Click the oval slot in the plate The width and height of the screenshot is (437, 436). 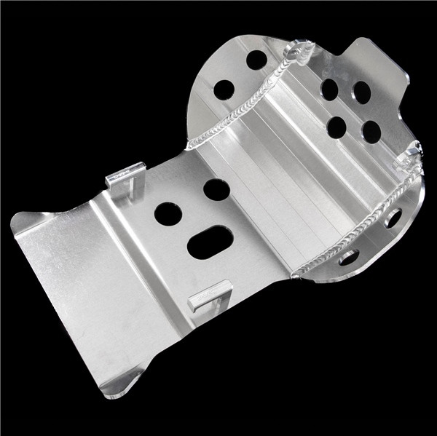point(210,242)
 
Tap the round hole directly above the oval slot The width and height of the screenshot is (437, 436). point(216,190)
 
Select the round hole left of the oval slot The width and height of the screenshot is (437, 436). point(168,213)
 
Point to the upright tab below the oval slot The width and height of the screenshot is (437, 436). point(210,294)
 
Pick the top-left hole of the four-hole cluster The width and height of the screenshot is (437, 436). point(329,90)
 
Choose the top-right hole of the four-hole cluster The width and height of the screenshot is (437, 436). point(362,92)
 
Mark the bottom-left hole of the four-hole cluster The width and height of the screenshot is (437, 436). point(336,127)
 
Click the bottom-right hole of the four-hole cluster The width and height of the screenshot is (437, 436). point(371,132)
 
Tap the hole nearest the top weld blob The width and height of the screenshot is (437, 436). point(256,60)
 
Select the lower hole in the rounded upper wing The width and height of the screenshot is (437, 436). point(224,90)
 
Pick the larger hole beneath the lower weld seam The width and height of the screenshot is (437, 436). point(393,217)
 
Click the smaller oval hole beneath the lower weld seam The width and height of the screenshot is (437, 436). point(348,257)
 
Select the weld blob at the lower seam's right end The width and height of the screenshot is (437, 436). point(409,154)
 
